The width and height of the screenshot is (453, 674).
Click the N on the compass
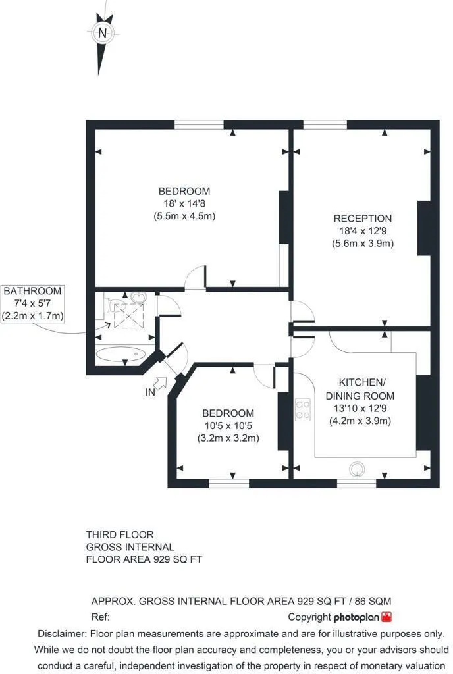pos(103,33)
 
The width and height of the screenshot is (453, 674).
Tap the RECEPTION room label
pos(363,219)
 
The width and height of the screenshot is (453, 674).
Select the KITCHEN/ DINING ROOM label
pos(360,389)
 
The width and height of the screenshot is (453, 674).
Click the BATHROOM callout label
pos(33,291)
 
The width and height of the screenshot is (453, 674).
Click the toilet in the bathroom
pos(115,305)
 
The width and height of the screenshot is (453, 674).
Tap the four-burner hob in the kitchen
pos(303,409)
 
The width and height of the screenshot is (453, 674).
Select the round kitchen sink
pos(357,469)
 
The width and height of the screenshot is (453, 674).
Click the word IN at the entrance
pos(150,392)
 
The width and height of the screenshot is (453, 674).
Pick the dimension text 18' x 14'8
pos(184,203)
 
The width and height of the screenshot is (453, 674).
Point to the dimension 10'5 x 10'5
pos(228,426)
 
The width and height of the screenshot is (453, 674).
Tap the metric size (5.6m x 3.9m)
pos(363,244)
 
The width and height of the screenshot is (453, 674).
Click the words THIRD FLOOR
pos(120,534)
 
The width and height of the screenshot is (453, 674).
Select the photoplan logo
pos(363,617)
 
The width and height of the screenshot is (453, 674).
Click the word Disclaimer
pos(61,634)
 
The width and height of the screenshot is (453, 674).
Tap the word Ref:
pos(101,617)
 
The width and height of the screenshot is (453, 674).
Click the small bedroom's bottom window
pos(228,484)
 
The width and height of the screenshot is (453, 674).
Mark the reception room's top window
pos(325,124)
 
